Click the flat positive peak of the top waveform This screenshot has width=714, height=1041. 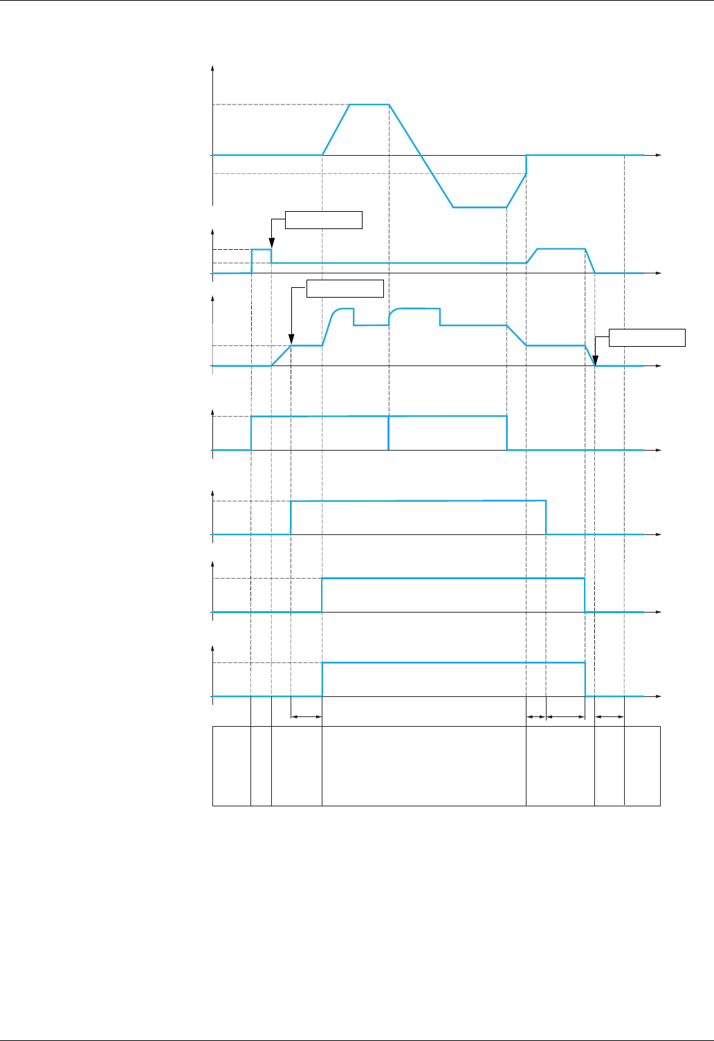pos(369,105)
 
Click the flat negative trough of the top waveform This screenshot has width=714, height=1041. pos(479,207)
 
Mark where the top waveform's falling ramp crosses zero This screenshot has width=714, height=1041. pos(421,155)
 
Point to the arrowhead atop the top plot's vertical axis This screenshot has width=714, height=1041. pos(212,68)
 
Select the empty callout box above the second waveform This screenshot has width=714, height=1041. pos(324,220)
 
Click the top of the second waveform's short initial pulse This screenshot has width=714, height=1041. pos(261,249)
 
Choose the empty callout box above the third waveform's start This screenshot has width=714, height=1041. pos(345,288)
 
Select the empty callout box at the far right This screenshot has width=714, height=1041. pos(647,337)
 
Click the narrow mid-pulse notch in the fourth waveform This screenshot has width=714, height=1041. pos(389,433)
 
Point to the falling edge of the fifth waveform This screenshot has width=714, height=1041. pos(547,517)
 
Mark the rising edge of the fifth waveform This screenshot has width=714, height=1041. pos(291,517)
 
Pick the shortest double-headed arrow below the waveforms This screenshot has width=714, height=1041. pos(536,717)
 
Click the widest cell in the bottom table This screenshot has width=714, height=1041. pos(423,766)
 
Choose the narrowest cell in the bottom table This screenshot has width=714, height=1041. pos(261,766)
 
